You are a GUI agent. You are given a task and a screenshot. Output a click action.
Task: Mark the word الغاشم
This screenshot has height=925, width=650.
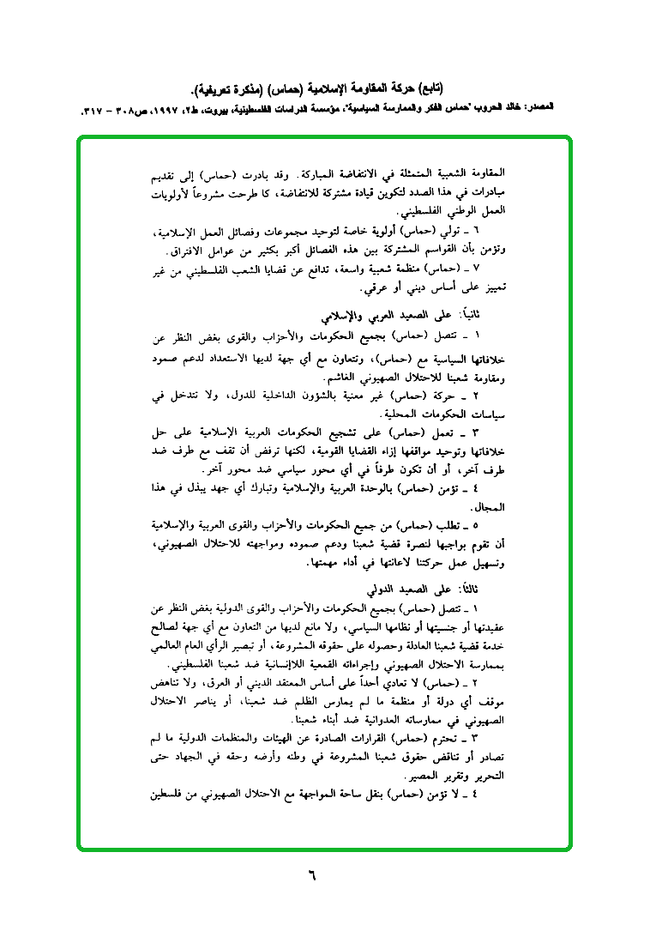[309, 378]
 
